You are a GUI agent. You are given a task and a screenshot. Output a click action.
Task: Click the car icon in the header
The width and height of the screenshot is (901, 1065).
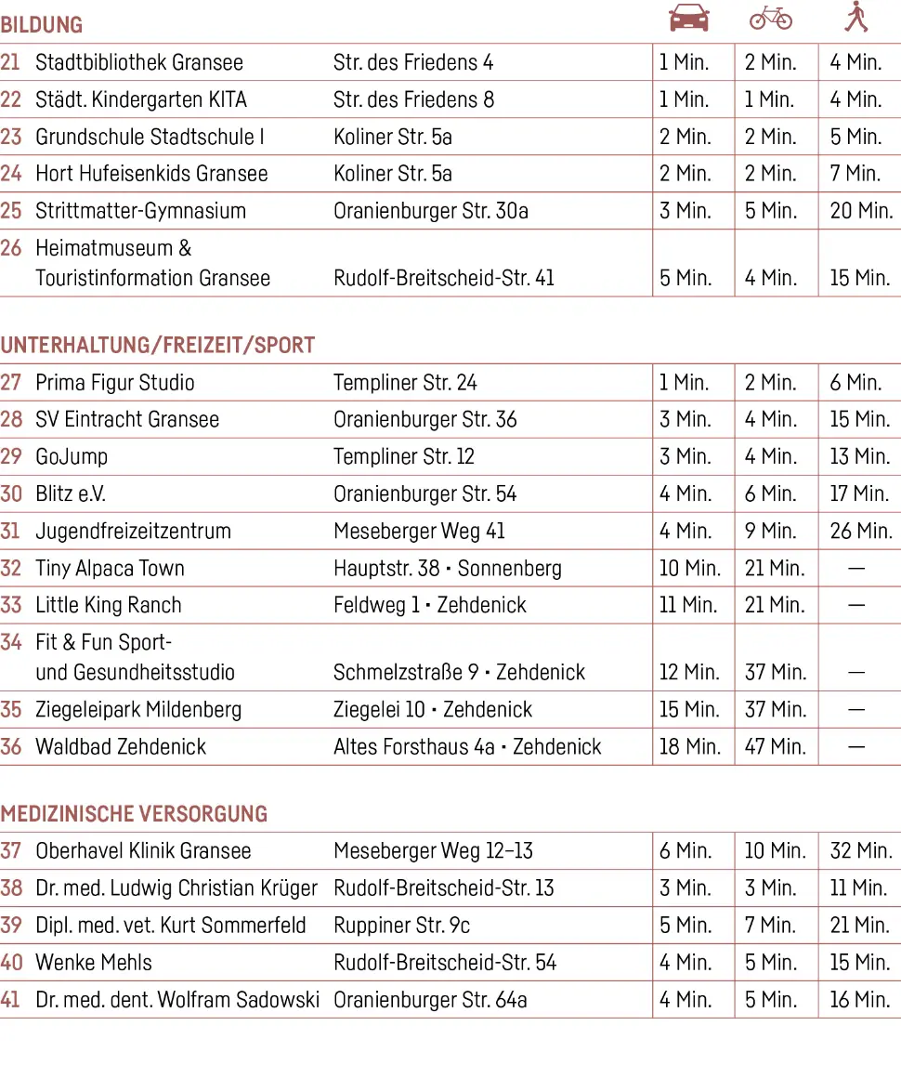point(689,18)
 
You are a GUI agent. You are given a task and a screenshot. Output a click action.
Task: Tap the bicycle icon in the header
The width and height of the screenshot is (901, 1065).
point(771,18)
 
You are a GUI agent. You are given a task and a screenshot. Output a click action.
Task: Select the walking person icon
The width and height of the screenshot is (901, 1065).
point(855,17)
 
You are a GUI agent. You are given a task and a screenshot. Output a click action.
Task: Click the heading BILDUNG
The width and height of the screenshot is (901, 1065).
point(42,25)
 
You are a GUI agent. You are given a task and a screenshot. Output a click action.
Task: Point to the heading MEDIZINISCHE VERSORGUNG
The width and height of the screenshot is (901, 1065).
point(134,814)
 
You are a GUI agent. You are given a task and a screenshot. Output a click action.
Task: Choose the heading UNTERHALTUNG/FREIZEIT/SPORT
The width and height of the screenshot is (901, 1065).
point(158,346)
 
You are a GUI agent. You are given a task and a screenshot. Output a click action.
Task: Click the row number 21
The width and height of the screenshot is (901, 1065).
point(10,63)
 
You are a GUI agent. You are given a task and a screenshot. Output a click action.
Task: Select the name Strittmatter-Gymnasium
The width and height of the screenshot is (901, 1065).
point(140,211)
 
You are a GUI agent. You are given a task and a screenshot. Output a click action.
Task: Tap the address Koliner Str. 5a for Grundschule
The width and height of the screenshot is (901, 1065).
point(393,138)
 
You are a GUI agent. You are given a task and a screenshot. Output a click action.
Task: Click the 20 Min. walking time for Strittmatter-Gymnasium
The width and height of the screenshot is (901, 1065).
point(861,211)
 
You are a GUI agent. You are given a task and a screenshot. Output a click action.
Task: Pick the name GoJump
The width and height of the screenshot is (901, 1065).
point(72,457)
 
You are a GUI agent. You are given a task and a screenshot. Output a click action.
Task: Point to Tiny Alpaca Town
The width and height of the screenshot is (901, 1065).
point(110,569)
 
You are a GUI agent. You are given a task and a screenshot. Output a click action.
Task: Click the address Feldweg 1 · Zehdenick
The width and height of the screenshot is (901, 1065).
point(429,606)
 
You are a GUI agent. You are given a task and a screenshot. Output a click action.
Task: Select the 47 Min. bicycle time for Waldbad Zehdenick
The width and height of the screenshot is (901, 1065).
point(775,747)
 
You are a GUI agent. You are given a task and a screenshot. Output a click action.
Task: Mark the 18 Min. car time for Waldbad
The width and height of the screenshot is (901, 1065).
point(689,747)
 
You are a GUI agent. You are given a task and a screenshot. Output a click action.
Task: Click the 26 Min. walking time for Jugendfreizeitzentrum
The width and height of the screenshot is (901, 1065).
point(861,532)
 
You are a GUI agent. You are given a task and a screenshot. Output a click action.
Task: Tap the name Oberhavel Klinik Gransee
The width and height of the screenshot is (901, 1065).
point(143,851)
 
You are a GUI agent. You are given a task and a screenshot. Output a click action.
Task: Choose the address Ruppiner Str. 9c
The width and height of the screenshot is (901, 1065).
point(401,926)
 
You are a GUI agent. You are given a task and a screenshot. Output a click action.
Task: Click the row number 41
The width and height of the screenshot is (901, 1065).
point(10,1000)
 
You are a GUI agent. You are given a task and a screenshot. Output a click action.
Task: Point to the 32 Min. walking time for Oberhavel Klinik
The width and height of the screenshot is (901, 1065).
point(861,851)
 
